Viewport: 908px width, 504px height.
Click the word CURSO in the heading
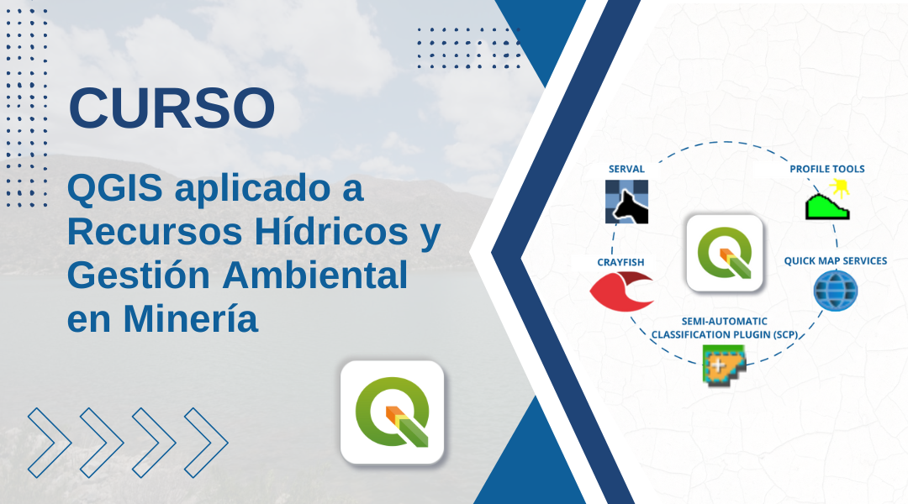coord(172,108)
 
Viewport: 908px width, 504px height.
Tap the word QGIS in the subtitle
coord(114,189)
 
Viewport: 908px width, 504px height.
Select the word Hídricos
coord(330,232)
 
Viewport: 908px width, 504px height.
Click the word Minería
coord(191,318)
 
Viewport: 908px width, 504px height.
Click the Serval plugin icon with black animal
coord(626,202)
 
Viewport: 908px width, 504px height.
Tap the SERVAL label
coord(626,169)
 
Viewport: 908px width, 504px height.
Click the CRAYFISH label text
coord(620,262)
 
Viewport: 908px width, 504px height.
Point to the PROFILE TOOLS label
coord(827,169)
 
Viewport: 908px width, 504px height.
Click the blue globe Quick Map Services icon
coord(835,291)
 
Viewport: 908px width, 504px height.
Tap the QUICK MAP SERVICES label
coord(836,261)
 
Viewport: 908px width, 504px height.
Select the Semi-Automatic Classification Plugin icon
coord(724,365)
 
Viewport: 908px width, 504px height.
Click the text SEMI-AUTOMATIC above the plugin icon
coord(725,321)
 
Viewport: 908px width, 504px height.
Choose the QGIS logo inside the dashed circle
coord(725,253)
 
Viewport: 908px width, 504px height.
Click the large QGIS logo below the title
coord(392,412)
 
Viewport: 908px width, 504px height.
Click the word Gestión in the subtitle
coord(139,275)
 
